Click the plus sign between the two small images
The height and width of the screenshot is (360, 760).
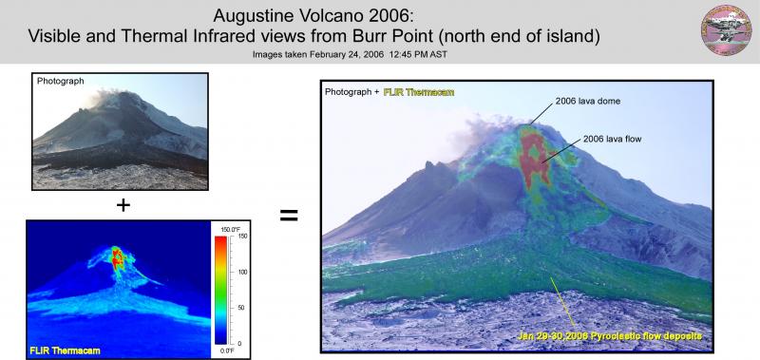pyautogui.click(x=122, y=204)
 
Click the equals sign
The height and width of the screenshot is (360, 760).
pyautogui.click(x=289, y=216)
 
